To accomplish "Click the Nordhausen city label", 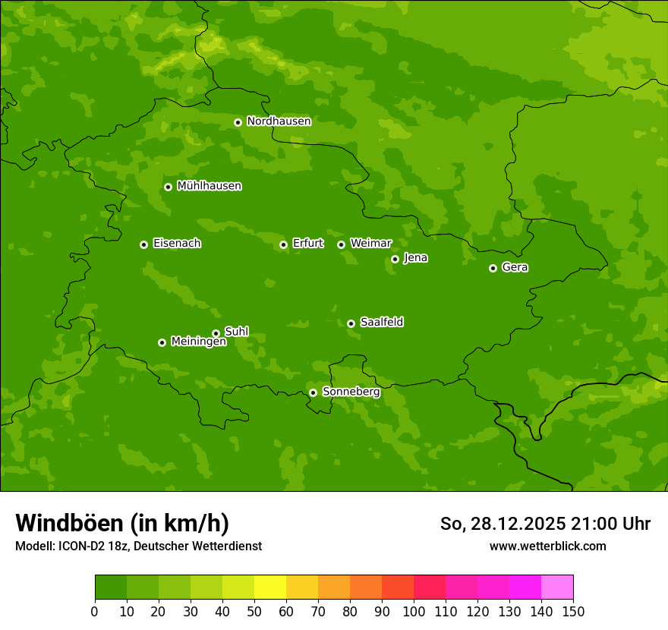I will (279, 121).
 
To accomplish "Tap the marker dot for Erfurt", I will (283, 244).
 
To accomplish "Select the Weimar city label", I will (370, 244).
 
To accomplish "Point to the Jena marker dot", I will (395, 259).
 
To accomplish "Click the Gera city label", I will (515, 267).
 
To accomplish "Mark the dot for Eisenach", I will (143, 244).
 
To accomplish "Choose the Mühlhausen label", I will (209, 186).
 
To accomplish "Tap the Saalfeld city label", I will (381, 323).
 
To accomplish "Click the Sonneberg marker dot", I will (313, 392).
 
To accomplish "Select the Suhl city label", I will (236, 332).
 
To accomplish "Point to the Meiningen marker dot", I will (162, 342).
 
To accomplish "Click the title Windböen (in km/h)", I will (122, 523).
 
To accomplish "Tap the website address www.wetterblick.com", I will (547, 547).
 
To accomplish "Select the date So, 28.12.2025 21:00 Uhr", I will (545, 524).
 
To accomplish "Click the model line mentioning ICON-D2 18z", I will (138, 547).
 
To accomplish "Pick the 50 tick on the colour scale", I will (254, 611).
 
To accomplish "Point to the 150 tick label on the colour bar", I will (573, 611).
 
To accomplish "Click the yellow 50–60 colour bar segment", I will (270, 587).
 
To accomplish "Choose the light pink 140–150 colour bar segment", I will (557, 587).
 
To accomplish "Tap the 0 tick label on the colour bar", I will (95, 611).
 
